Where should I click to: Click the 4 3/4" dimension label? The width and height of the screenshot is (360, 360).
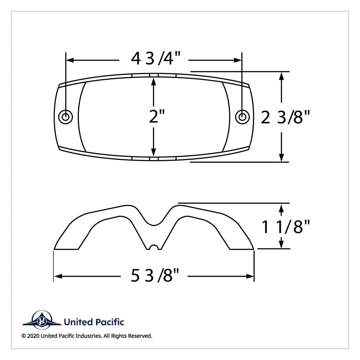click(153, 59)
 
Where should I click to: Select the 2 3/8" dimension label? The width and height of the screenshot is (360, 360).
click(285, 117)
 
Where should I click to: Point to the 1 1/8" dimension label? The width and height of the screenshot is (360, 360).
click(285, 227)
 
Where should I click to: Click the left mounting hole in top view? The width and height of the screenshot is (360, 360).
click(65, 116)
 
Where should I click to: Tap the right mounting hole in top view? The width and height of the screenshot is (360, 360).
click(241, 116)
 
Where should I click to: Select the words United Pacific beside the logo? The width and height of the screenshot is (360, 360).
click(94, 322)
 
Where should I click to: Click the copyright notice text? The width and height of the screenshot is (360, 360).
click(87, 336)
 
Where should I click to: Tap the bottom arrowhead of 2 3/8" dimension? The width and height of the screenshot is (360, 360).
click(281, 158)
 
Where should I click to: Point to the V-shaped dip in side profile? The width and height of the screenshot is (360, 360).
click(154, 220)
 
